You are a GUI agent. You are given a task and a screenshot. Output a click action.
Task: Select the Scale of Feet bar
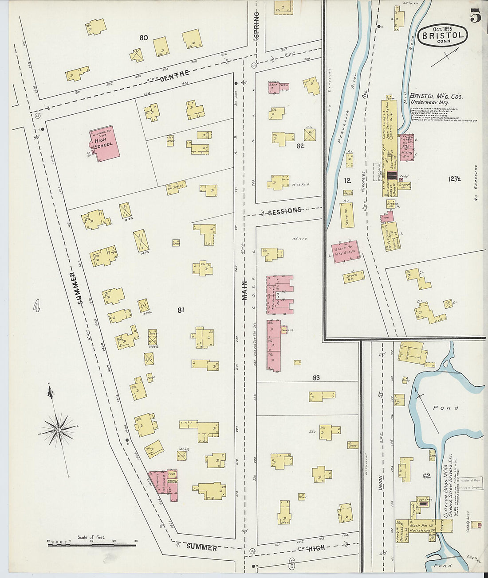[x=91, y=543]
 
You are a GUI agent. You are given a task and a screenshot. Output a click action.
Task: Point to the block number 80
[x=143, y=38]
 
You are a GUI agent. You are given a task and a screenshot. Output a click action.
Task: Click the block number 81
[x=181, y=310]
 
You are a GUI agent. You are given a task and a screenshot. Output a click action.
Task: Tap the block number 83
[x=316, y=378]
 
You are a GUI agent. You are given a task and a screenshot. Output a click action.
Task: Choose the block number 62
[x=426, y=476]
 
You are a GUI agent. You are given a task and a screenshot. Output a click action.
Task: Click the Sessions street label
[x=284, y=211]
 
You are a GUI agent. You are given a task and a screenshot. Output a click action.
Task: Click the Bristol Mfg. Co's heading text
[x=436, y=96]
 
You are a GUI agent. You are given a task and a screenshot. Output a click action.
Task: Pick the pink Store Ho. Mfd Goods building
[x=346, y=252]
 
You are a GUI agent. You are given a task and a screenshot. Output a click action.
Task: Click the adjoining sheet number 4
[x=36, y=306]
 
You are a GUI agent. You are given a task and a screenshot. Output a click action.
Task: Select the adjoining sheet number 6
[x=291, y=564]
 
